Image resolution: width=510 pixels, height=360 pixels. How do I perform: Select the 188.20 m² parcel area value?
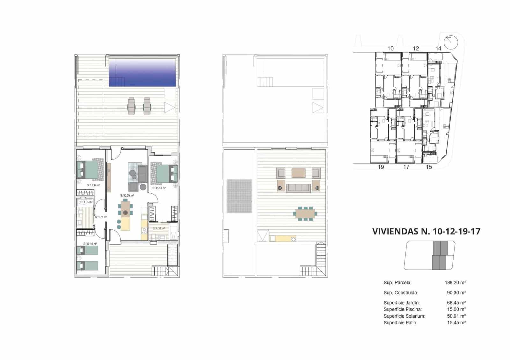[455, 283]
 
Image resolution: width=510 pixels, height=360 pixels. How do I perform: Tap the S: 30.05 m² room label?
[127, 196]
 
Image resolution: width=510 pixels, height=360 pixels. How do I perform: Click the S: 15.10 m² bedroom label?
[159, 188]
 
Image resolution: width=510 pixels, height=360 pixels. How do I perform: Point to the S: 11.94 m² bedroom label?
[94, 185]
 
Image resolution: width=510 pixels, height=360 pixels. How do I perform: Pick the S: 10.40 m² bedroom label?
[90, 244]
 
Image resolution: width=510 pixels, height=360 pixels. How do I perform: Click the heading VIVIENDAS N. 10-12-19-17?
[426, 231]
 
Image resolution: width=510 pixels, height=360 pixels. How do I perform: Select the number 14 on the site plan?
[438, 48]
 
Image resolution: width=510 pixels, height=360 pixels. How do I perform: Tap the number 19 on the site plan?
[381, 167]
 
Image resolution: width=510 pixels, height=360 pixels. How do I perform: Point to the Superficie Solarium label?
[404, 316]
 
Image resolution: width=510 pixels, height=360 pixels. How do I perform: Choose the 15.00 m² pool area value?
[456, 309]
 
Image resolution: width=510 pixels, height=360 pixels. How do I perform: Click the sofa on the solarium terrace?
[298, 188]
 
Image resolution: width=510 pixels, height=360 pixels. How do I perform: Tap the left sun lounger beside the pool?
[131, 106]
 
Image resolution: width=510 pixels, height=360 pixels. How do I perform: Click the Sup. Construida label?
[401, 293]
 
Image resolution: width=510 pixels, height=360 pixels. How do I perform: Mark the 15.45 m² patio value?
[456, 323]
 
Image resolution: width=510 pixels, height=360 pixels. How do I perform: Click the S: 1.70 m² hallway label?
[101, 217]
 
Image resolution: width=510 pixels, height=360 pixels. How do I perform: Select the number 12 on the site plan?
[416, 48]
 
